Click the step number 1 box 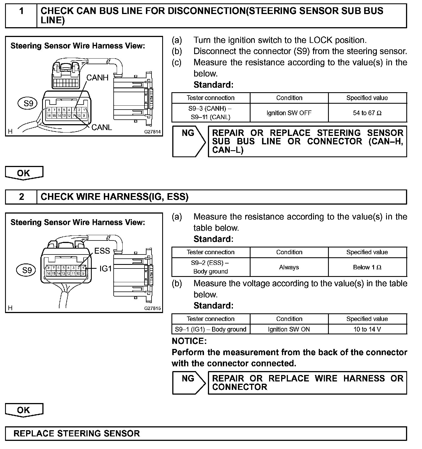[x=21, y=16]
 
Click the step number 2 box [x=21, y=197]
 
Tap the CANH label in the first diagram [x=97, y=78]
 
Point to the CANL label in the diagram [x=102, y=127]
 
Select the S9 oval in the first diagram [x=28, y=103]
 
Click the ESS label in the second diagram [x=102, y=251]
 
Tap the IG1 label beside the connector [x=105, y=269]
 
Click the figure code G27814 [x=153, y=131]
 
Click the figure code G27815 [x=153, y=308]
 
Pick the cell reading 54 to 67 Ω [x=367, y=113]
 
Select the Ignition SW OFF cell [x=289, y=113]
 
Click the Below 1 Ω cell [x=367, y=267]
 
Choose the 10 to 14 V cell [x=367, y=329]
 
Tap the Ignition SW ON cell [x=289, y=329]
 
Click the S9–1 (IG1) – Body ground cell [x=210, y=329]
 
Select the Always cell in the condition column [x=289, y=267]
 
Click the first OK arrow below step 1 [x=24, y=173]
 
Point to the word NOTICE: [x=189, y=341]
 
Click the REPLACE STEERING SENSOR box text [x=77, y=433]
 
